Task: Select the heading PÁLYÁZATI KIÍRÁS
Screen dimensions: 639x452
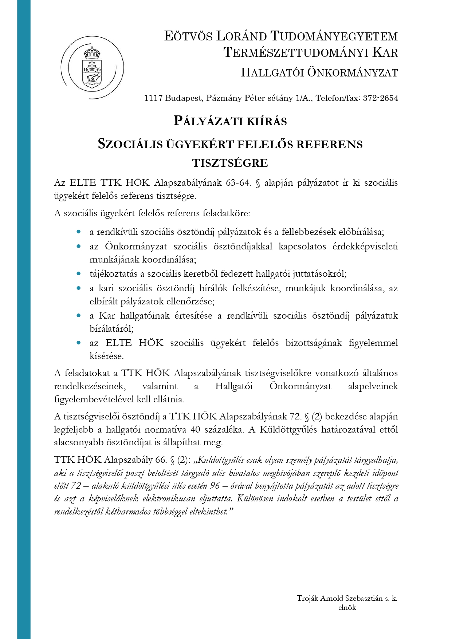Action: click(230, 121)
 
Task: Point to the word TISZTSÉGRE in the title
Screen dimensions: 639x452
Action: click(230, 163)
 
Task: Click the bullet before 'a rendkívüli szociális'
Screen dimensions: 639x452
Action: click(79, 232)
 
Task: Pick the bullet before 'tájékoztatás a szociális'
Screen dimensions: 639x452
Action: click(79, 273)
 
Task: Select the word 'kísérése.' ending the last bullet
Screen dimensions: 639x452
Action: click(107, 356)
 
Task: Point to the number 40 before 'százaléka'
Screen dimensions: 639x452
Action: click(195, 430)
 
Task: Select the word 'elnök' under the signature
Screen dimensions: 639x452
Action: click(347, 607)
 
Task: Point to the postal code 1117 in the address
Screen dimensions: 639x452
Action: click(153, 98)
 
